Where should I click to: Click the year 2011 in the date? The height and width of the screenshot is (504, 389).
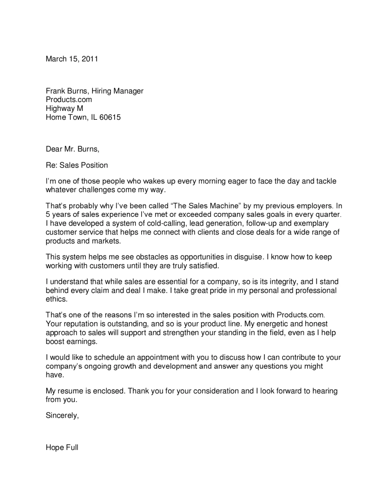(89, 59)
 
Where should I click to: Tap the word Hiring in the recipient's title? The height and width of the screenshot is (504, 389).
(101, 91)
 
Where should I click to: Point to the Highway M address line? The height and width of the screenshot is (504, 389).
(64, 108)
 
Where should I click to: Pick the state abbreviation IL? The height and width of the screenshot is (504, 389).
(94, 117)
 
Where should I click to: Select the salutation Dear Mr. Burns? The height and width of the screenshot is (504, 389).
(72, 149)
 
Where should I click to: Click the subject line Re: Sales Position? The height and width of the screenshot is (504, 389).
(77, 165)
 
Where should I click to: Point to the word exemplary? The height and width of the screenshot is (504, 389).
(311, 223)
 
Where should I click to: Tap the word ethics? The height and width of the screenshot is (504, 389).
(56, 299)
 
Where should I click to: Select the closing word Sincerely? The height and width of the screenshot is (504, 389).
(62, 415)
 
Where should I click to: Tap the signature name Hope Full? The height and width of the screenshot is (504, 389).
(62, 448)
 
